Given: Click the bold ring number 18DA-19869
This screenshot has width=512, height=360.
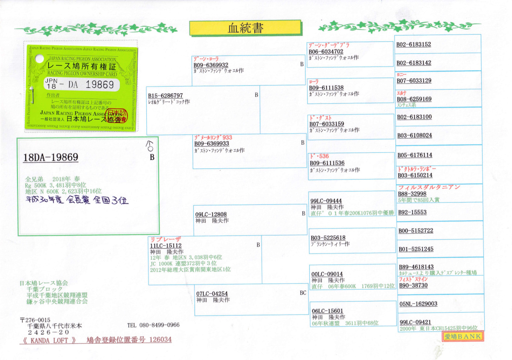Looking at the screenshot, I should (x=51, y=157).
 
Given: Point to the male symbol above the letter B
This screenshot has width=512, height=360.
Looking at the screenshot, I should (x=149, y=146).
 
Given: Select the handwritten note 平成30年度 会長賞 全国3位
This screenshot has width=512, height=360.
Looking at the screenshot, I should (x=77, y=200).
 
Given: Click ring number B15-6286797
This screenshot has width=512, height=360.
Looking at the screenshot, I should (x=166, y=96).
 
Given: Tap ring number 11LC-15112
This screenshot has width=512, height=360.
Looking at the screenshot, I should (x=166, y=246).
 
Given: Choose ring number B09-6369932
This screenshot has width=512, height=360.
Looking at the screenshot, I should (x=211, y=65).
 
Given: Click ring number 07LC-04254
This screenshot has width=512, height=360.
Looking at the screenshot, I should (x=212, y=294).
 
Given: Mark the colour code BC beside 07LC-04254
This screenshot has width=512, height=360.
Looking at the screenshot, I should (x=303, y=293).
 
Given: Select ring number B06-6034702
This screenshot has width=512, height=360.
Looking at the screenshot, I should (x=326, y=52).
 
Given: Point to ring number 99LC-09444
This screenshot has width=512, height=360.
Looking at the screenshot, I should (x=326, y=201).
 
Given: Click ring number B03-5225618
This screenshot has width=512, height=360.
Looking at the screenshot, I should (x=328, y=238).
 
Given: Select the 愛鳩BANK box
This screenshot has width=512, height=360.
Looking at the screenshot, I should (x=463, y=337).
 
